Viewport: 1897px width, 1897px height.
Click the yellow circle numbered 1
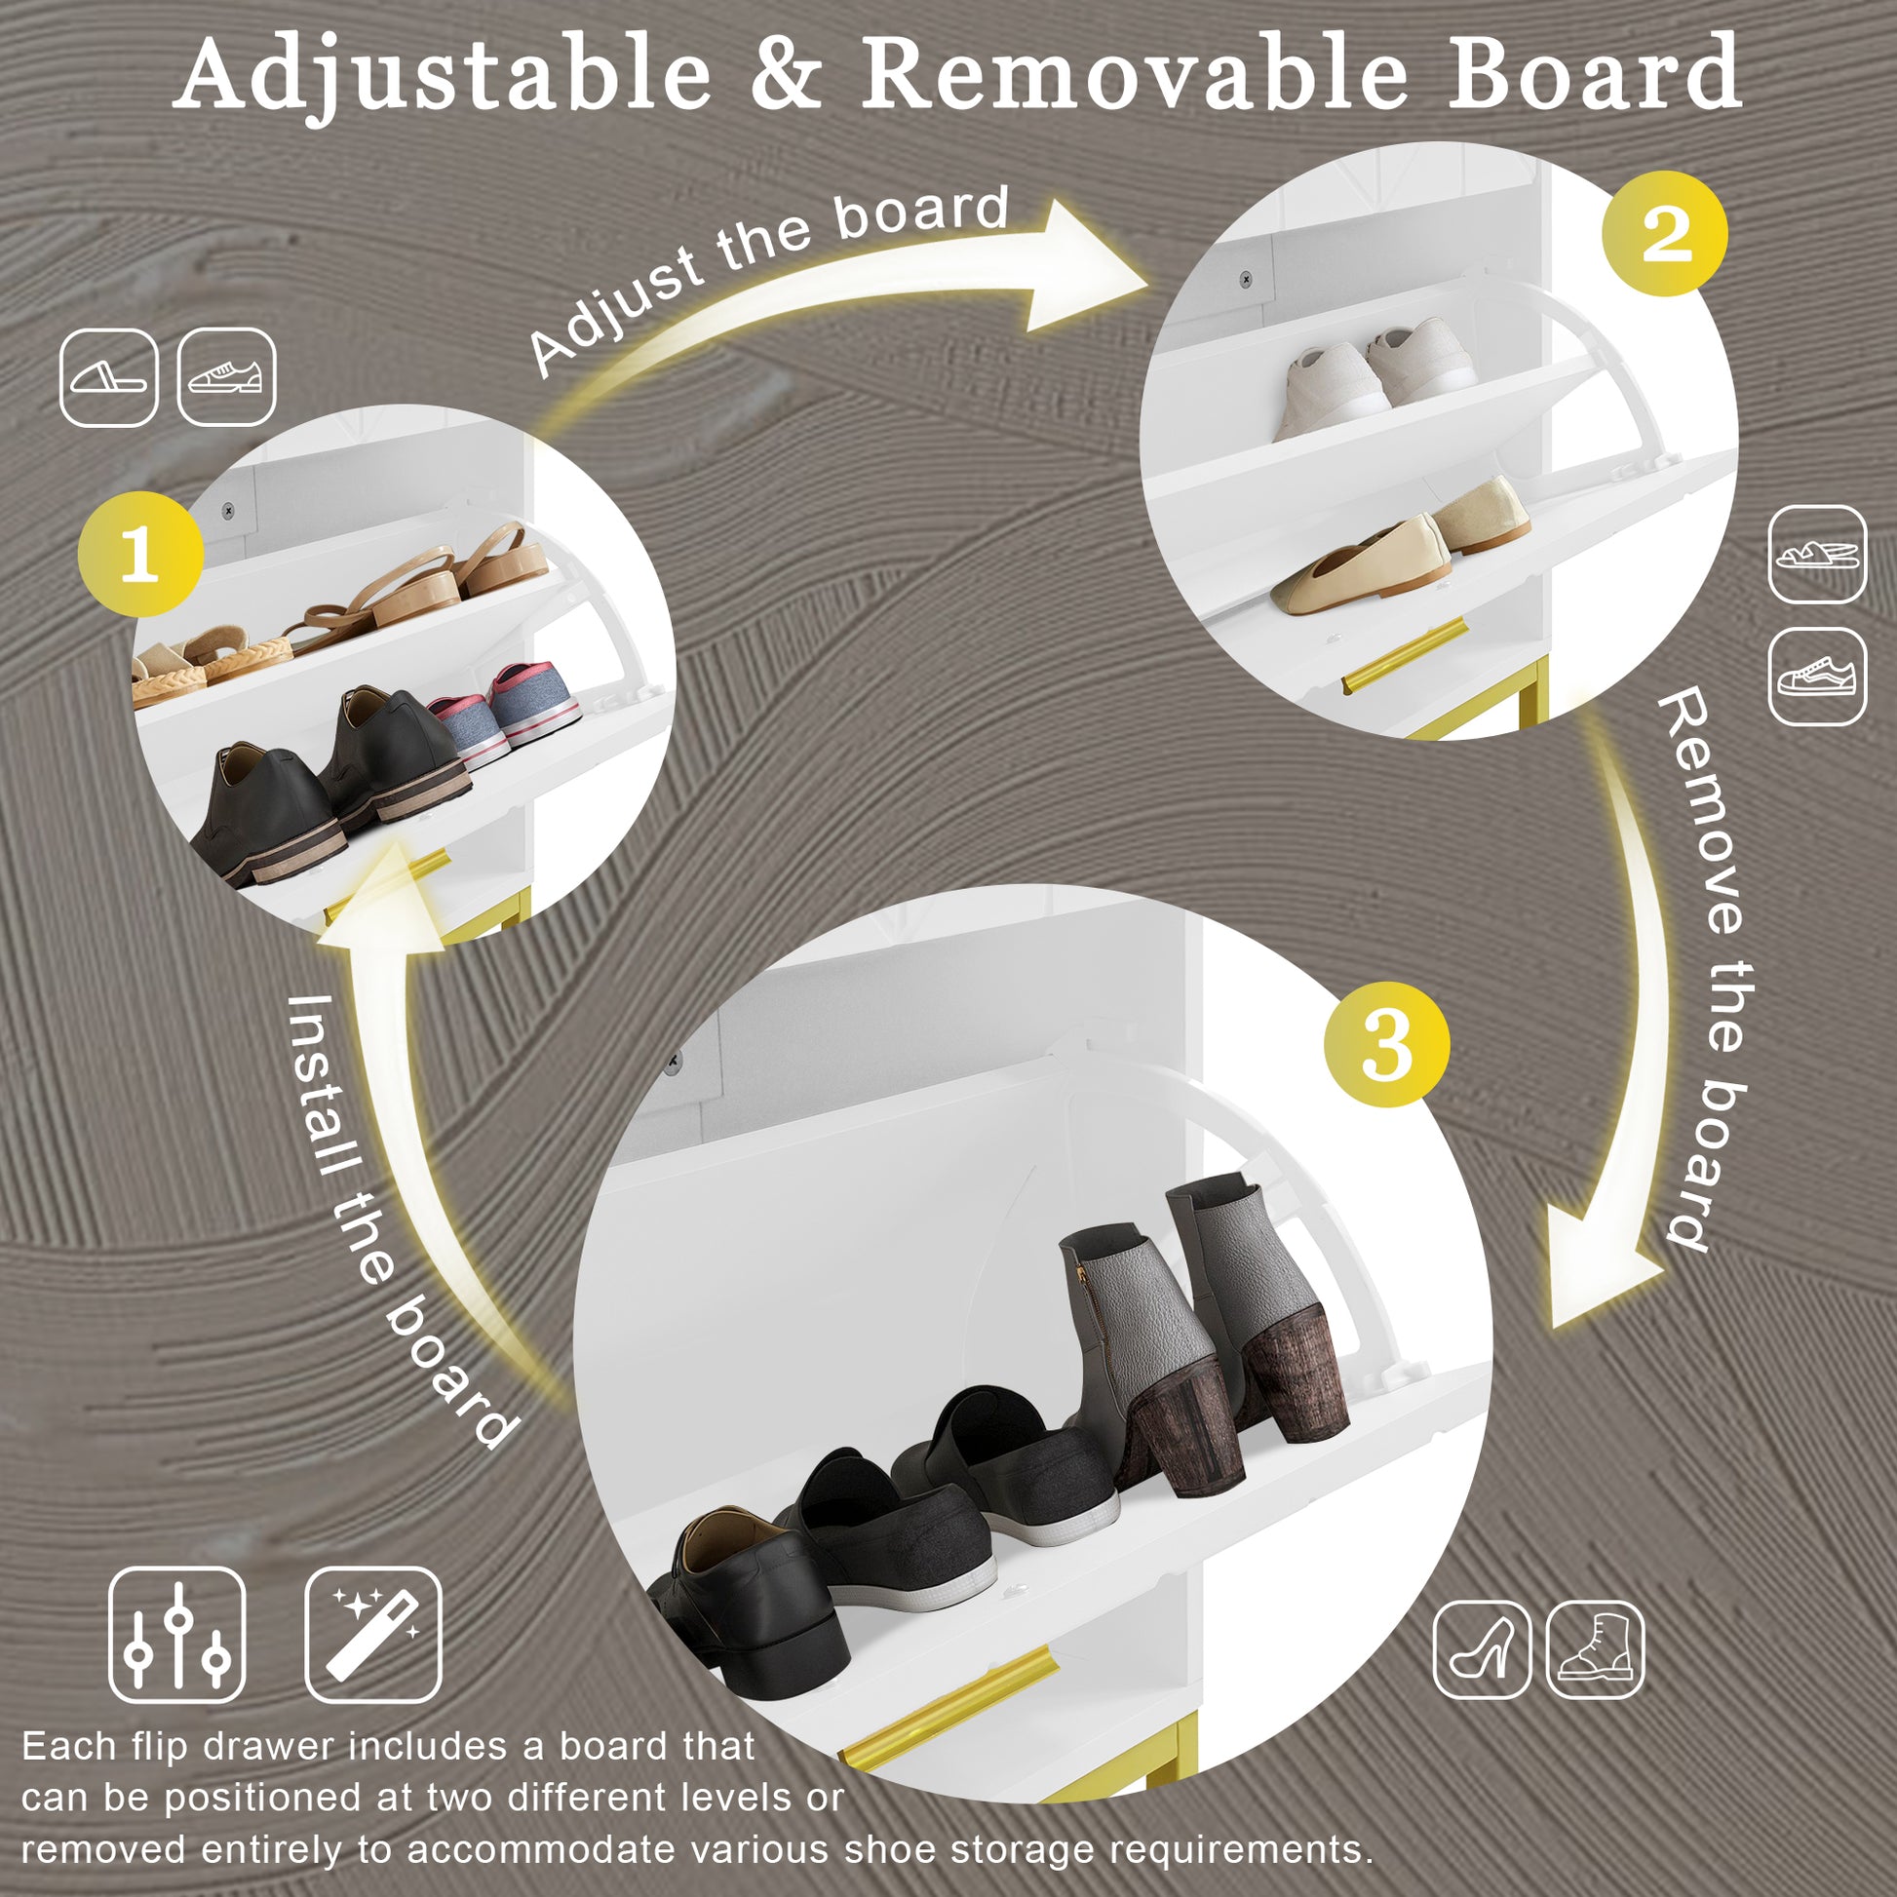[140, 554]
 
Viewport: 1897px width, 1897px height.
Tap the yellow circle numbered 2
[1663, 234]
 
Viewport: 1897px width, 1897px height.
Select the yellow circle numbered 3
[1386, 1044]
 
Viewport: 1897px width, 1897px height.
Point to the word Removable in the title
[1134, 74]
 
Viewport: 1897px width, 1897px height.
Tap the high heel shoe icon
[1482, 1649]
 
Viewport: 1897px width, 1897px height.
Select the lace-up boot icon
[1596, 1649]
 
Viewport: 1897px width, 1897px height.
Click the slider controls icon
[176, 1635]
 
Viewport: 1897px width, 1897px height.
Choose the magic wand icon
[373, 1635]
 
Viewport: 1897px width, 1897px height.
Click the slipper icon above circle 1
[109, 377]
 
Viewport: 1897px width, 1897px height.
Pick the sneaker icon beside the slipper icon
[227, 377]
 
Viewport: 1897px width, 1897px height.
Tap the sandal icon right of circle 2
[1817, 555]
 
